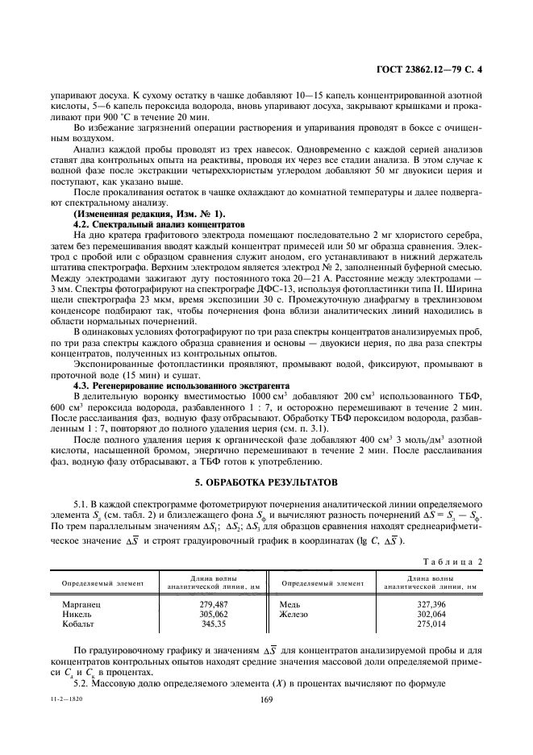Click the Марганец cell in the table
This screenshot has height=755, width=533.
pos(81,604)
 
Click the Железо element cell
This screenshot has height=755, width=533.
pos(294,613)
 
